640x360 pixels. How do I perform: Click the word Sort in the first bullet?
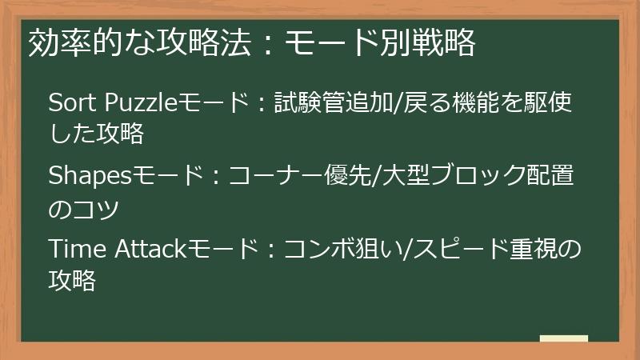[x=66, y=103]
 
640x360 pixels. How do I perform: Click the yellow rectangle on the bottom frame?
[x=563, y=338]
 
